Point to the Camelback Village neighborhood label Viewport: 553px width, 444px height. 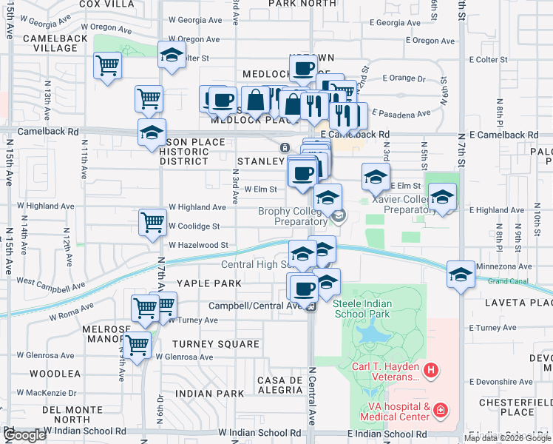pos(51,42)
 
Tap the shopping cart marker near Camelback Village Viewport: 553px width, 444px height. pos(108,66)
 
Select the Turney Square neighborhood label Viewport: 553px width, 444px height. pos(215,343)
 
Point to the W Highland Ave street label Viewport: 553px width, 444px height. pos(197,208)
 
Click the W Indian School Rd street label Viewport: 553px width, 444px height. pos(259,432)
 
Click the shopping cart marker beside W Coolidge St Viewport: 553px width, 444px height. pos(152,221)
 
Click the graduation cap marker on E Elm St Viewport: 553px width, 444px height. pos(376,178)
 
